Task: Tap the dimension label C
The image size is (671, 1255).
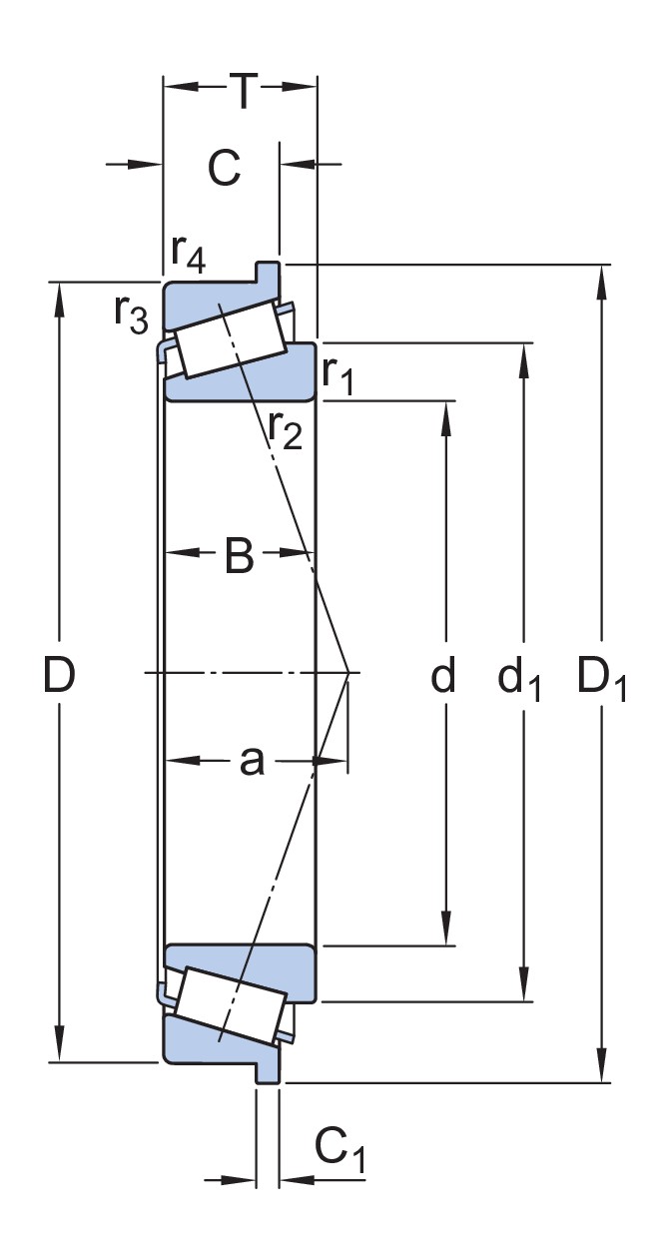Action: point(225,168)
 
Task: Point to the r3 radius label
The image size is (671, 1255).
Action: point(130,313)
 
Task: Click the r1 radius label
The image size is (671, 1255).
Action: point(338,372)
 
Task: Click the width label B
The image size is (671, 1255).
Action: point(239,557)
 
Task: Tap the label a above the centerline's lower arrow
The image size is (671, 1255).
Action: point(252,761)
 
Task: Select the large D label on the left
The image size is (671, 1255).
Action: point(59,676)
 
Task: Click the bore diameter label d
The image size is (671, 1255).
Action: point(442,676)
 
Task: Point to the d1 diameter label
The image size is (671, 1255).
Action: point(519,679)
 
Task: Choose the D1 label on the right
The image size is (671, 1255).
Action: point(602,679)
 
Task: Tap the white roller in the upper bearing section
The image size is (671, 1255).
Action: point(231,339)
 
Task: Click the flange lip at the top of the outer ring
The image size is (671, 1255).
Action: point(267,271)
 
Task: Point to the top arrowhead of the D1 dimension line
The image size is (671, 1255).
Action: point(602,279)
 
